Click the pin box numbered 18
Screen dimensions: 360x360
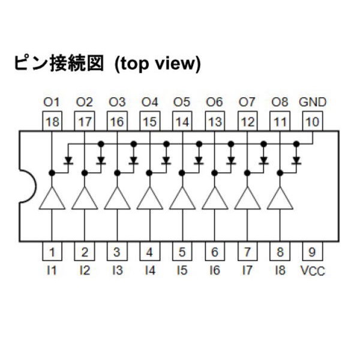pos(52,121)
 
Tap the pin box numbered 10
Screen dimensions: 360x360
pos(313,121)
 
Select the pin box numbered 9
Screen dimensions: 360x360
pos(313,251)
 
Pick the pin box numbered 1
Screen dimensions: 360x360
pos(52,251)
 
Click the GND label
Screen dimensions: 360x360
pos(313,102)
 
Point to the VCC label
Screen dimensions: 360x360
pos(313,271)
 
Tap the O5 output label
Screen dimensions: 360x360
pos(182,102)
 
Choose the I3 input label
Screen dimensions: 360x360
pos(118,270)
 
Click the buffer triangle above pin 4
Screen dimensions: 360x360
pos(150,198)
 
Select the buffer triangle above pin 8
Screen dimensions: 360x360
pos(280,198)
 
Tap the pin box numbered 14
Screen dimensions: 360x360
pos(182,121)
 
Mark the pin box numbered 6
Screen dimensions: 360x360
pos(215,251)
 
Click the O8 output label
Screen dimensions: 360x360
pos(280,102)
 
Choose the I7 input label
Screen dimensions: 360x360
pos(247,270)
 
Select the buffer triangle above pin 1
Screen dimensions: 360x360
pos(52,198)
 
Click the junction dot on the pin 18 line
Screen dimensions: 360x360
pos(52,173)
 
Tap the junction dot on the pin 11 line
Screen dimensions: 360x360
pos(280,173)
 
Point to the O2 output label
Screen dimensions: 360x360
pos(84,102)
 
